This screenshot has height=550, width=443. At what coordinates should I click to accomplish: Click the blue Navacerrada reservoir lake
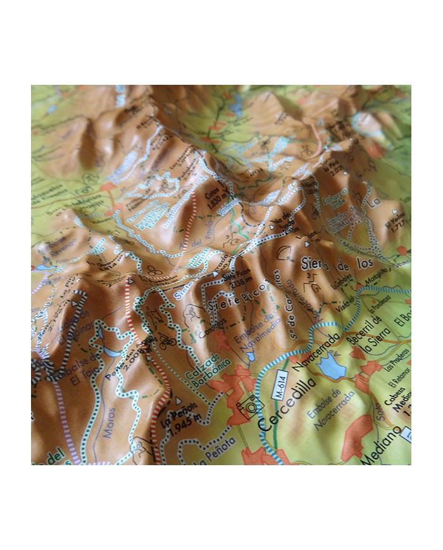pyautogui.click(x=330, y=366)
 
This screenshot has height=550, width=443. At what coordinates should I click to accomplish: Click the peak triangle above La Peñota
pyautogui.click(x=178, y=401)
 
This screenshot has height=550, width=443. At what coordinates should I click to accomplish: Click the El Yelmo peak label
pyautogui.click(x=394, y=226)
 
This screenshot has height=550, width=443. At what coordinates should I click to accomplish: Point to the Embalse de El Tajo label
pyautogui.click(x=84, y=367)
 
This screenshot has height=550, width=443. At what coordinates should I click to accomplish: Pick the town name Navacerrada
pyautogui.click(x=319, y=346)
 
